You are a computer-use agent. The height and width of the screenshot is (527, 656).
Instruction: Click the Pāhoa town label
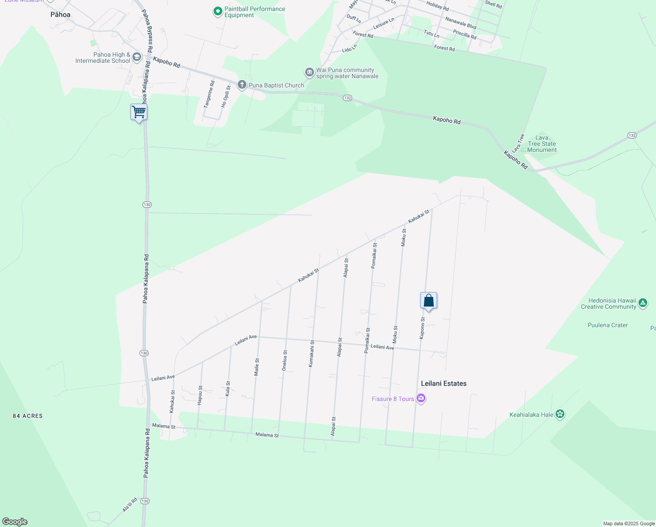pos(61,14)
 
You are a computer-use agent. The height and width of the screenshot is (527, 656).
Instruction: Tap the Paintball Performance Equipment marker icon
pos(217,12)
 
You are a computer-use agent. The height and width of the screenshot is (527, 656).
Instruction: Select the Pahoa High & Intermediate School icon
pos(137,57)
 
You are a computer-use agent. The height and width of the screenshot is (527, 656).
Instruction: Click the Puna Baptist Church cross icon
pos(242,85)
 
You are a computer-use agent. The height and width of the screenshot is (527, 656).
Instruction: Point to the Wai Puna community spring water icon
pos(309,72)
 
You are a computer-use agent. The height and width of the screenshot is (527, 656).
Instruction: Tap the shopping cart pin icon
pos(139,112)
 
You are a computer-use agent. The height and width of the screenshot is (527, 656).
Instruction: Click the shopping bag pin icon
pos(428,301)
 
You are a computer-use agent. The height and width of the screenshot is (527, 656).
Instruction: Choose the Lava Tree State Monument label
pos(542,144)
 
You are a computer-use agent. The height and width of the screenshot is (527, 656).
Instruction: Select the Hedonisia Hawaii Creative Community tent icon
pos(643,303)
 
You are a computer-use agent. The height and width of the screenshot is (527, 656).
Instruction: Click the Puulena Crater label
pos(607,325)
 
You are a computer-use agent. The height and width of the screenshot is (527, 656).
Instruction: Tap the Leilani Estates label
pos(443,383)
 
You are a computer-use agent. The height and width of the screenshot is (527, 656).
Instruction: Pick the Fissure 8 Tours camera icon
pos(421,398)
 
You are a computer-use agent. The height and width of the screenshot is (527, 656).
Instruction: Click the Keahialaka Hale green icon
pos(560,414)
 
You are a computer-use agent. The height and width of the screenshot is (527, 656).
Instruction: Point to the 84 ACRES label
pos(28,416)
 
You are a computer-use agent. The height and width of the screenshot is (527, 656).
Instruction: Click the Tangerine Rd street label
pos(210,94)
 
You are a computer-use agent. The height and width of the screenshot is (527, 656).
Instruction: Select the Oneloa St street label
pos(285,361)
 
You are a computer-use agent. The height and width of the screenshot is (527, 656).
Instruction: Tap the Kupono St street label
pos(422,328)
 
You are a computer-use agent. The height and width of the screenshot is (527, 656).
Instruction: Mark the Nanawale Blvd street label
pos(460,23)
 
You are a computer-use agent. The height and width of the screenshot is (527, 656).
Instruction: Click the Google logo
pos(15,521)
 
